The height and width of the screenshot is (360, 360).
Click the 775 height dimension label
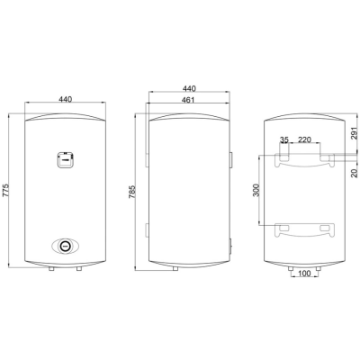6,190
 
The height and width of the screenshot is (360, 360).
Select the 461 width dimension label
188,100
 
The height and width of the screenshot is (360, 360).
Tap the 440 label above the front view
66,99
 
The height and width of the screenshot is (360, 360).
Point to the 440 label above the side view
189,88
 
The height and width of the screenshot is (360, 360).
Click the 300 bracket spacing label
256,190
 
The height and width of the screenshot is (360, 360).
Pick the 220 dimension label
304,139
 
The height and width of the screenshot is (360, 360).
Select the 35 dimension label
284,139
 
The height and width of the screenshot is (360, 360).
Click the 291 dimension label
355,132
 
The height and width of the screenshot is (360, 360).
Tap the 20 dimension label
355,173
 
